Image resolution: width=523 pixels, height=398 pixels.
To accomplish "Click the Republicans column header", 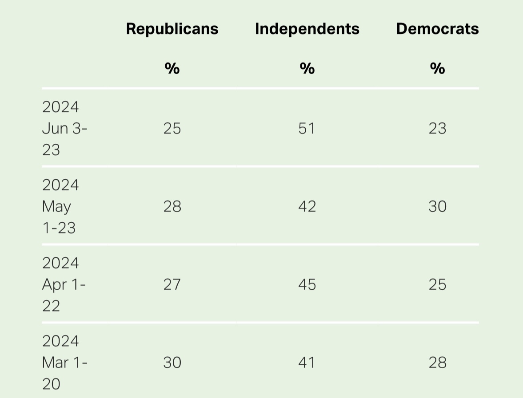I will pyautogui.click(x=172, y=29).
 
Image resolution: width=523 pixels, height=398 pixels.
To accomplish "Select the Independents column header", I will pyautogui.click(x=307, y=29).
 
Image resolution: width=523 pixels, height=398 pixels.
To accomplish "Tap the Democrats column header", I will pyautogui.click(x=437, y=29).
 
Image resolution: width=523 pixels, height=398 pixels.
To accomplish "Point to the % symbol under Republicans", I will pyautogui.click(x=172, y=68).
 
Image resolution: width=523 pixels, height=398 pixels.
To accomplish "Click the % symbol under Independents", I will pyautogui.click(x=307, y=68).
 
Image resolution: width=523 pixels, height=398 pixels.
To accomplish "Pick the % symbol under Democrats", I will pyautogui.click(x=437, y=68).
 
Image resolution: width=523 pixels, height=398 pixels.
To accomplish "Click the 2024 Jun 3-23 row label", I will pyautogui.click(x=65, y=128).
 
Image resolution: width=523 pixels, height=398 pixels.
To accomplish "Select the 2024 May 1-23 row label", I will pyautogui.click(x=60, y=206).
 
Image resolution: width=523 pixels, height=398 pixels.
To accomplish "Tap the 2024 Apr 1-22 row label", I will pyautogui.click(x=64, y=284).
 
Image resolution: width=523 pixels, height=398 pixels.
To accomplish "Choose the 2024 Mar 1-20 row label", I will pyautogui.click(x=65, y=363).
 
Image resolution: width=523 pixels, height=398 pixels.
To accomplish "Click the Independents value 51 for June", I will pyautogui.click(x=307, y=129).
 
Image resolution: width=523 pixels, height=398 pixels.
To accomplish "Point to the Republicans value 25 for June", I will pyautogui.click(x=172, y=129).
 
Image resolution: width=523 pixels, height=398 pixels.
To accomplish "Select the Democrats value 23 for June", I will pyautogui.click(x=437, y=129).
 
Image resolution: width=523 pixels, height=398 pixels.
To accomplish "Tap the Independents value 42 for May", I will pyautogui.click(x=307, y=207).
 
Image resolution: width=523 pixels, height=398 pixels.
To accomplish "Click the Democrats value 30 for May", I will pyautogui.click(x=437, y=207).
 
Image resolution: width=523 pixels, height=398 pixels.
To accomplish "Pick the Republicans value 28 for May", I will pyautogui.click(x=172, y=207).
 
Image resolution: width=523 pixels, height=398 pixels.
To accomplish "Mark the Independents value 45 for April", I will pyautogui.click(x=307, y=285).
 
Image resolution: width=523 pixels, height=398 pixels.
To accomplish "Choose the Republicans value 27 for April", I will pyautogui.click(x=172, y=285).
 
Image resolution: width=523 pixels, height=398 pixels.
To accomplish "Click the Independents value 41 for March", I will pyautogui.click(x=307, y=363).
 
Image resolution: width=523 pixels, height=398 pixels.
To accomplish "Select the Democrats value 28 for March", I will pyautogui.click(x=437, y=363).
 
